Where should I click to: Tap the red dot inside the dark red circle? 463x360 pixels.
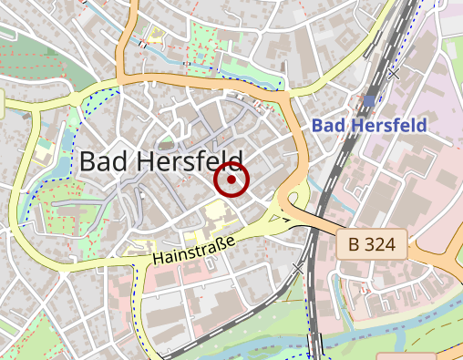(231, 180)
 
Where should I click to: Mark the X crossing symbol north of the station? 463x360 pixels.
(393, 73)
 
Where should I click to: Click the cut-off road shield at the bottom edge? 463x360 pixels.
(405, 355)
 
